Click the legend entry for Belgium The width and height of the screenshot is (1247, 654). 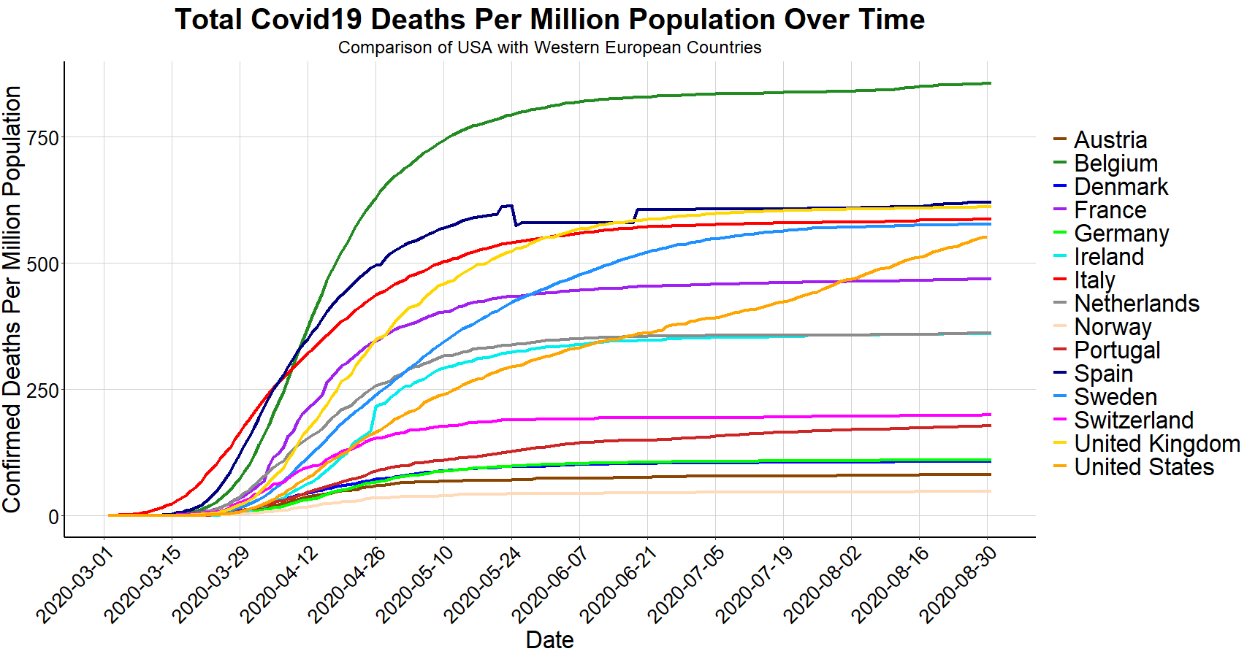tap(1116, 163)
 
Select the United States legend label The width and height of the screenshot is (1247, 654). tap(1143, 467)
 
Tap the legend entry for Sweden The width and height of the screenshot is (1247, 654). tap(1116, 397)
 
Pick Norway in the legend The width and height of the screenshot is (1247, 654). tap(1113, 327)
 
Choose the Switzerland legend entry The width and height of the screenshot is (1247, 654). tap(1133, 420)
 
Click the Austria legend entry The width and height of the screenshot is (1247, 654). tap(1110, 140)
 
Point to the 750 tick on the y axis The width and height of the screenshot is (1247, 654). tap(42, 138)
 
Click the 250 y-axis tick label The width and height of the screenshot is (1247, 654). tap(42, 391)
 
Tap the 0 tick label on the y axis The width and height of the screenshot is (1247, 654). tap(53, 517)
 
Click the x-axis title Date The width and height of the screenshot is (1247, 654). tap(549, 639)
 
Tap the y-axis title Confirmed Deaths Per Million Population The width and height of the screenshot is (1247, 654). tap(12, 299)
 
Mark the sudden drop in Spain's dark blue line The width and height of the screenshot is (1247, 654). tap(514, 216)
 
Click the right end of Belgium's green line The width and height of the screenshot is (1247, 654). tap(990, 83)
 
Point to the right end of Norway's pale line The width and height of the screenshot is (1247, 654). tap(990, 491)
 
